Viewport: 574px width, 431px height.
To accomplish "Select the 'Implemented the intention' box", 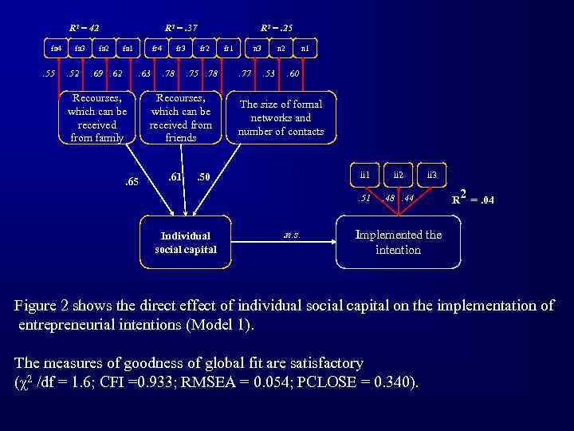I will pyautogui.click(x=398, y=242).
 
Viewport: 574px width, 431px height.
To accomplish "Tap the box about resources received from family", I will pyautogui.click(x=97, y=118).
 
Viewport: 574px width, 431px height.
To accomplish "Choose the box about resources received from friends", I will pyautogui.click(x=181, y=118).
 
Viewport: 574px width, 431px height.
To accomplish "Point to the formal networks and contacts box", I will pyautogui.click(x=281, y=117).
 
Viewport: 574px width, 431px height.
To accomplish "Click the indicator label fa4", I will pyautogui.click(x=56, y=49).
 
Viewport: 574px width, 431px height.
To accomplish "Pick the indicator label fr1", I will pyautogui.click(x=229, y=49).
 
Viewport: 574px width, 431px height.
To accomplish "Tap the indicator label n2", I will pyautogui.click(x=281, y=49).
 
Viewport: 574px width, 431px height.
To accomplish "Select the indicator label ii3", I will pyautogui.click(x=431, y=174).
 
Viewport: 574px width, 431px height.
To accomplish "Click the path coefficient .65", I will pyautogui.click(x=132, y=182).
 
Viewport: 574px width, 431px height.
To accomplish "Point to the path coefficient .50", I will pyautogui.click(x=203, y=176).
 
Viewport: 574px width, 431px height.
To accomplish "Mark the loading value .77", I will pyautogui.click(x=246, y=74).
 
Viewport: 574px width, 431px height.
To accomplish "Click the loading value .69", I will pyautogui.click(x=96, y=74).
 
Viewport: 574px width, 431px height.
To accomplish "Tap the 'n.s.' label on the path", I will pyautogui.click(x=291, y=235).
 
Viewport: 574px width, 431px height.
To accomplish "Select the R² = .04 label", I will pyautogui.click(x=472, y=197).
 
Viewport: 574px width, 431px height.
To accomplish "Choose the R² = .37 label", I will pyautogui.click(x=181, y=29).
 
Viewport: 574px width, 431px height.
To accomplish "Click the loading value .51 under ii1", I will pyautogui.click(x=365, y=198).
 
